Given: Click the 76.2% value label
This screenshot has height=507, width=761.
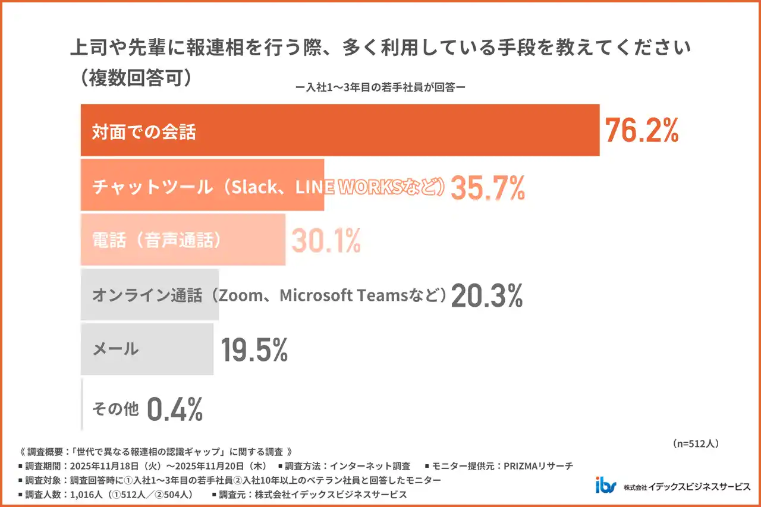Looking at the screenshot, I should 641,131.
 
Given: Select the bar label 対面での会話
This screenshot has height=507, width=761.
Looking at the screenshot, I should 143,132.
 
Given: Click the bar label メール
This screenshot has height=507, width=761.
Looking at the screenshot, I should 115,349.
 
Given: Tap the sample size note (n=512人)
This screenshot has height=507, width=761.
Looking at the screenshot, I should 696,443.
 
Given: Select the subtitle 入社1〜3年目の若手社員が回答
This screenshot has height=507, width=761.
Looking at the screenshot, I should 380,87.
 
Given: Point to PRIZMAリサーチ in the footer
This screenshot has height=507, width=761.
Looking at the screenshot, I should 538,466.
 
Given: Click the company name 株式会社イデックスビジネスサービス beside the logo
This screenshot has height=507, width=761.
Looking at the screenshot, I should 687,487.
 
